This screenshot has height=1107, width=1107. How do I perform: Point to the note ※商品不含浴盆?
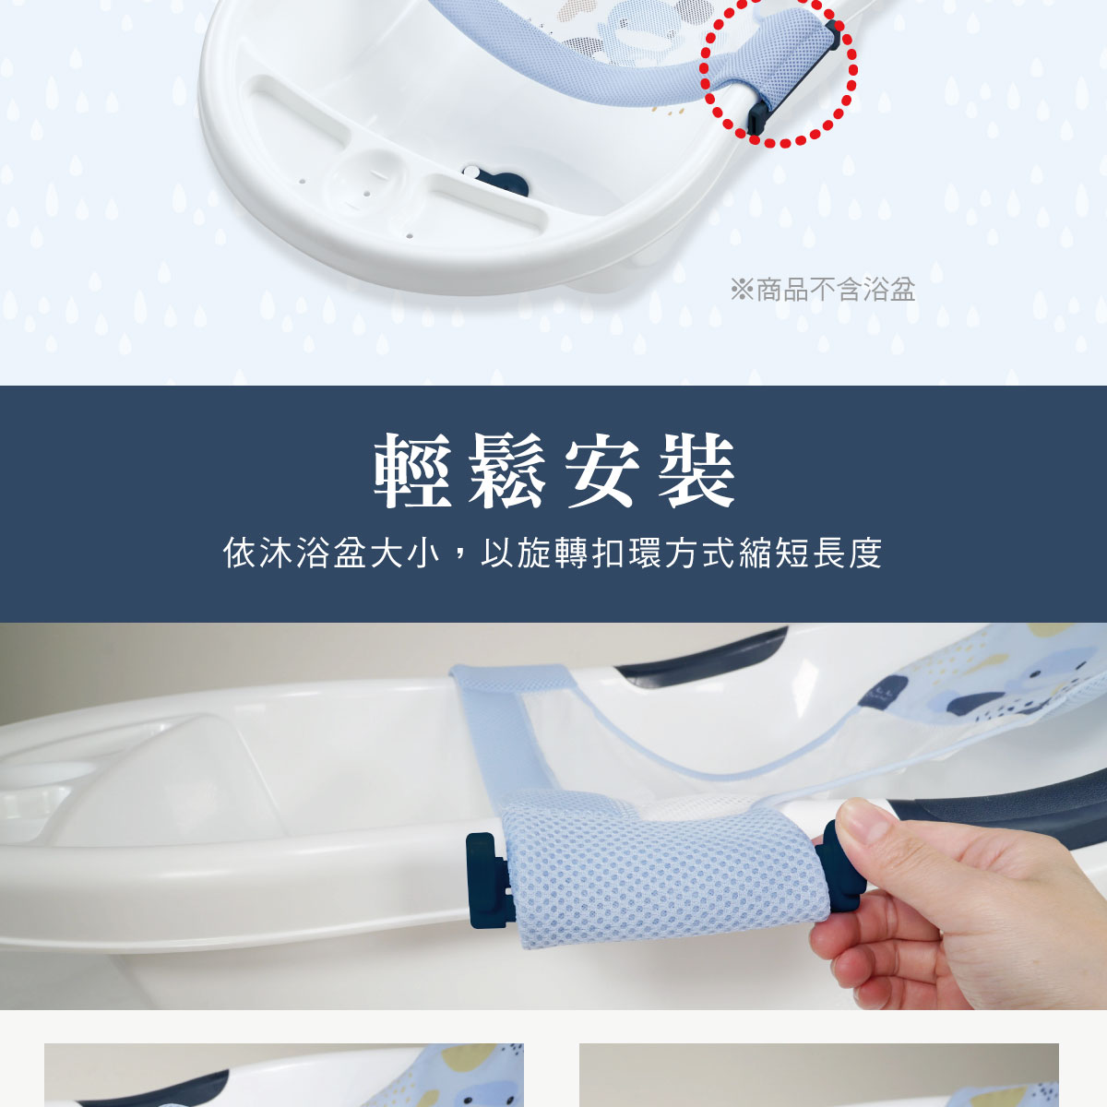pos(823,290)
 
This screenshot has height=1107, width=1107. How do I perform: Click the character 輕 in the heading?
pos(411,471)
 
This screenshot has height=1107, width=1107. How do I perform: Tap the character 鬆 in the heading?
pos(506,471)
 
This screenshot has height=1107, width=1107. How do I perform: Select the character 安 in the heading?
pos(601,471)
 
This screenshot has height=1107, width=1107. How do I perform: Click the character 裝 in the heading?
pos(696,471)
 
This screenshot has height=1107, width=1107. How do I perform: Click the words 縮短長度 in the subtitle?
pos(812,553)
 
